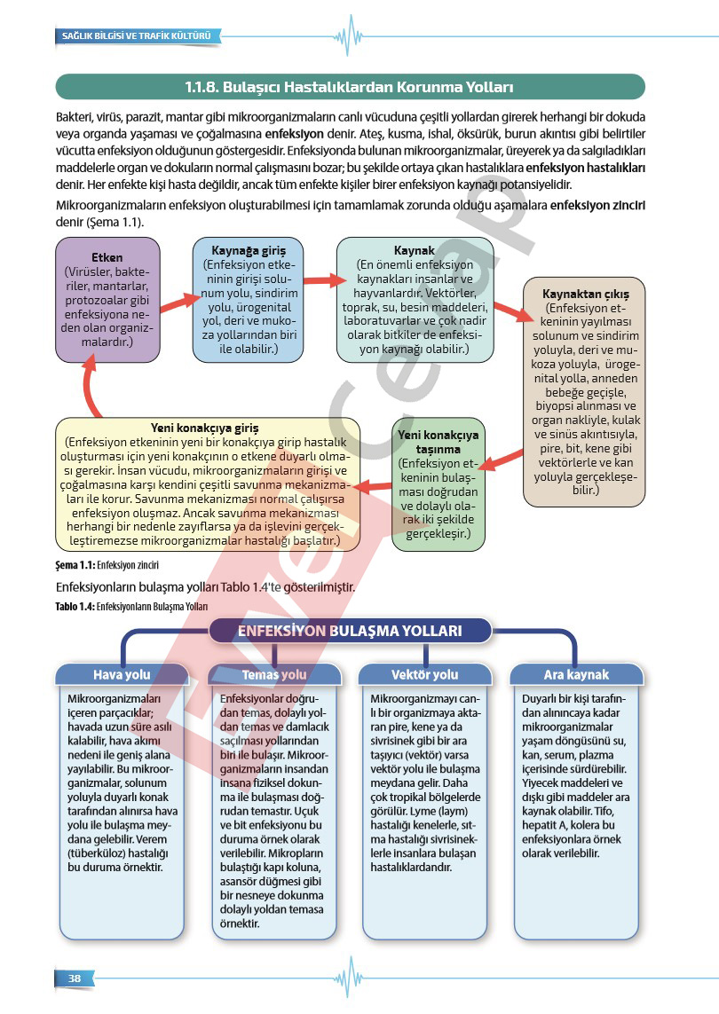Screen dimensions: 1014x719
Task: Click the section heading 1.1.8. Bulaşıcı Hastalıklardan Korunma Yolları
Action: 350,87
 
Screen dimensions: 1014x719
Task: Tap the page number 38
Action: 75,978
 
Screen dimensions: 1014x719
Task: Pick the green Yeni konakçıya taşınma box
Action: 438,483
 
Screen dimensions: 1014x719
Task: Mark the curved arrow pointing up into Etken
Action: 90,386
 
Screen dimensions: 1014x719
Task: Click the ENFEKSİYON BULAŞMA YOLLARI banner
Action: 350,631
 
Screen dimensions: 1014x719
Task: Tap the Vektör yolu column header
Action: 424,674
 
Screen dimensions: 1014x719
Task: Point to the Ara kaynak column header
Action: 576,674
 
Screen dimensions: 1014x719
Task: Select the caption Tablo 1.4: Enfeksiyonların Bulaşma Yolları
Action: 130,607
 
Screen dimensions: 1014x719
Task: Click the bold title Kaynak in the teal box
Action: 415,251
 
